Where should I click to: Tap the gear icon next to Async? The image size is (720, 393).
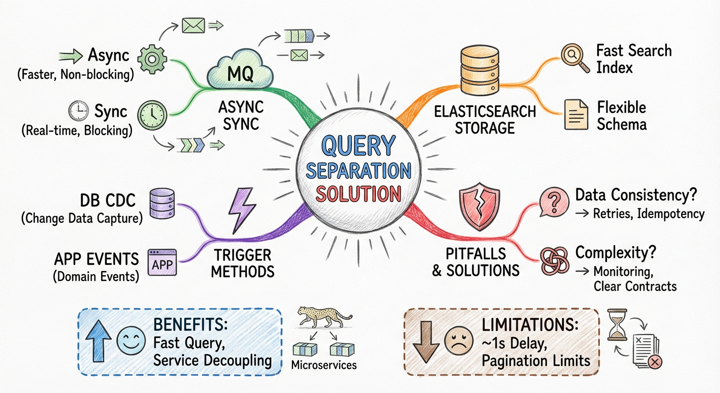(152, 59)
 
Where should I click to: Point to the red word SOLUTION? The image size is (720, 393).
(358, 194)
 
